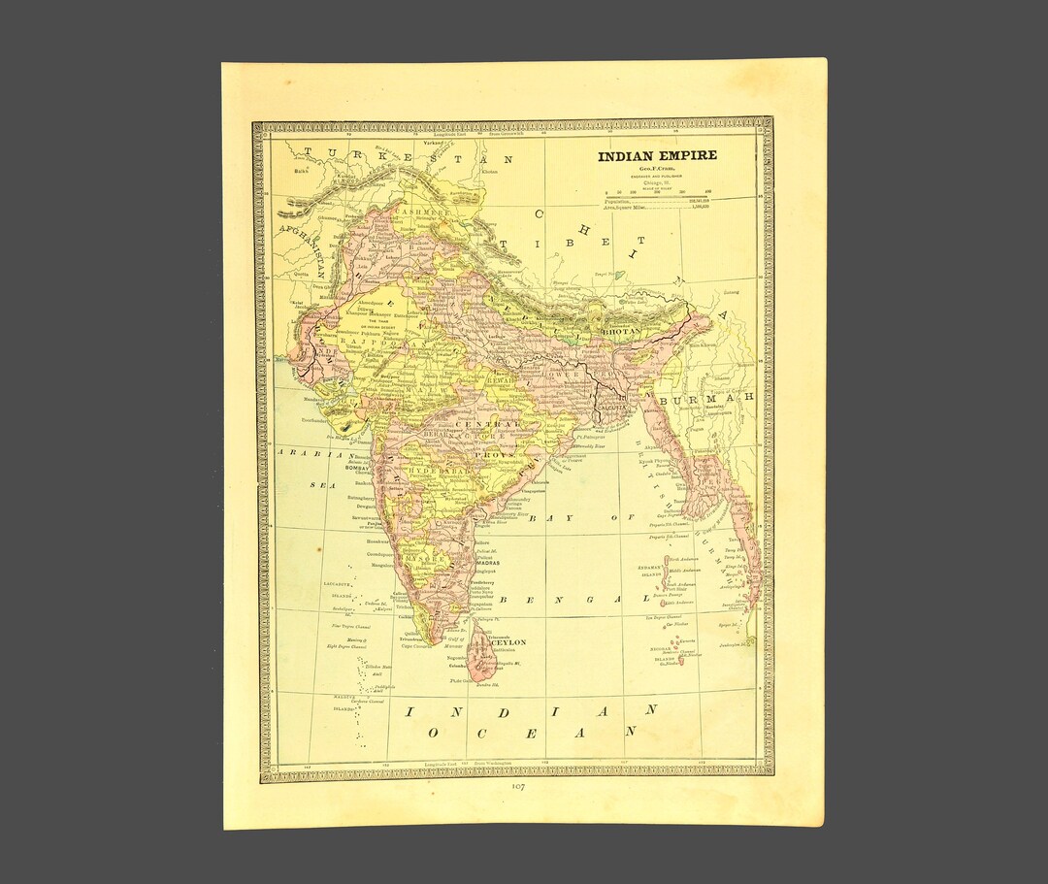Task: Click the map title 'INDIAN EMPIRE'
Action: tap(657, 155)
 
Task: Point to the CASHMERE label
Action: tap(421, 212)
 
